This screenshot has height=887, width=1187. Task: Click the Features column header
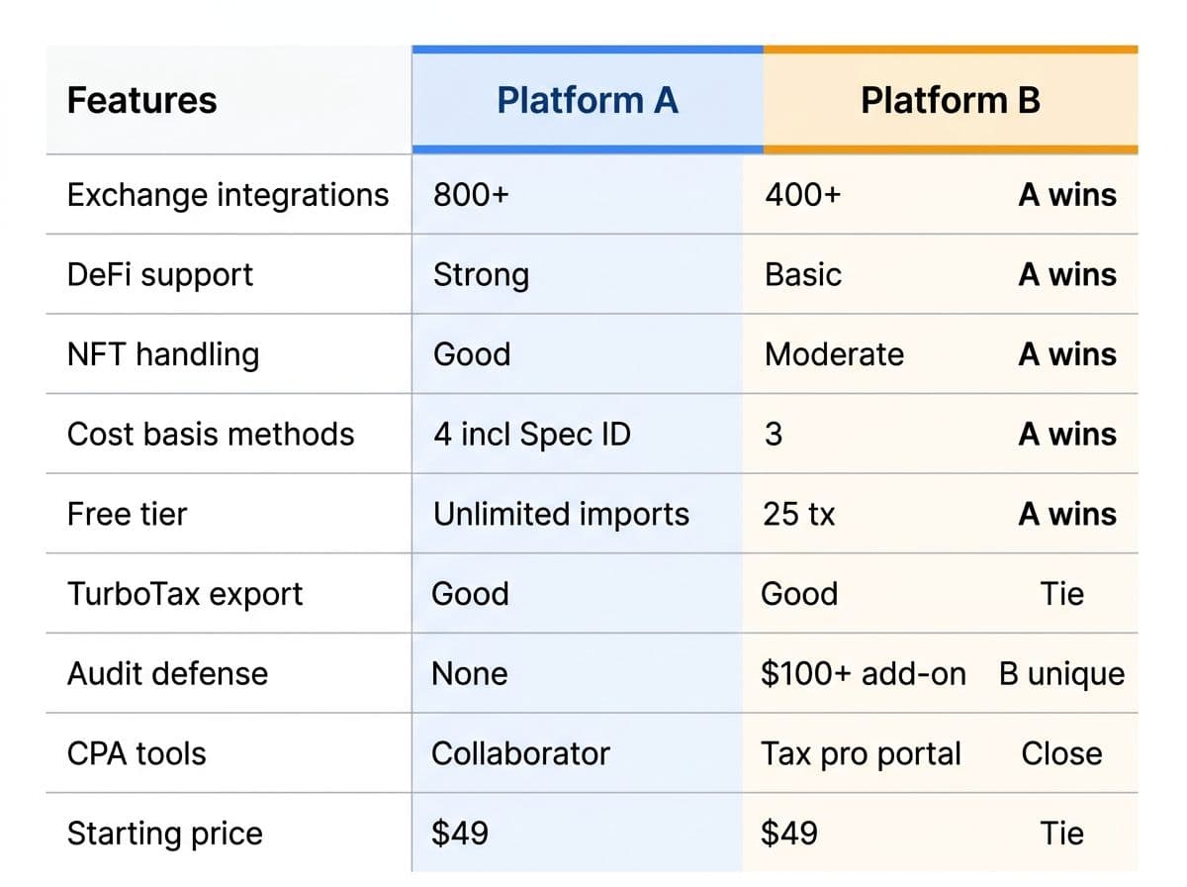[x=141, y=101]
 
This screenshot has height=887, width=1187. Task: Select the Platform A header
[x=587, y=101]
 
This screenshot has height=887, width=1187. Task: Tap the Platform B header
[x=951, y=101]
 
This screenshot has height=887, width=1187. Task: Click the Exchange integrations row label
[x=228, y=195]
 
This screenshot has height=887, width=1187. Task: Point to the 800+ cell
[x=471, y=195]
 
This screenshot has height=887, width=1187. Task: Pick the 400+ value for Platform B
[x=802, y=195]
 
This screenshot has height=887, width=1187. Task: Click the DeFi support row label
[x=160, y=275]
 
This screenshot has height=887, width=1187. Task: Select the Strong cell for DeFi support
[x=481, y=275]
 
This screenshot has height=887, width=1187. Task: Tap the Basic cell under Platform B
[x=803, y=275]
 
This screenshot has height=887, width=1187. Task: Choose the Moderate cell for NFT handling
[x=834, y=354]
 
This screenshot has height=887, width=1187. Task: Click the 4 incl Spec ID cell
[x=531, y=434]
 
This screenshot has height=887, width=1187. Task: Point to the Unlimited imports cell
[x=561, y=514]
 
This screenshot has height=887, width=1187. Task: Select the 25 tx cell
[x=798, y=514]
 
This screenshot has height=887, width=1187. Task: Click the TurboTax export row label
[x=184, y=594]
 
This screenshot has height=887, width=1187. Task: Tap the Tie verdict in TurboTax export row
[x=1061, y=594]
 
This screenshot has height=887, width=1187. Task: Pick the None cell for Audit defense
[x=470, y=674]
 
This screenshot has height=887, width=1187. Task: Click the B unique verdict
[x=1061, y=674]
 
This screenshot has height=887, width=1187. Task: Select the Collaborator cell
[x=520, y=753]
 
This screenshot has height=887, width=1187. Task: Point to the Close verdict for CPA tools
[x=1061, y=753]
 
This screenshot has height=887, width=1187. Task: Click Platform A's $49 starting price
[x=460, y=833]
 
